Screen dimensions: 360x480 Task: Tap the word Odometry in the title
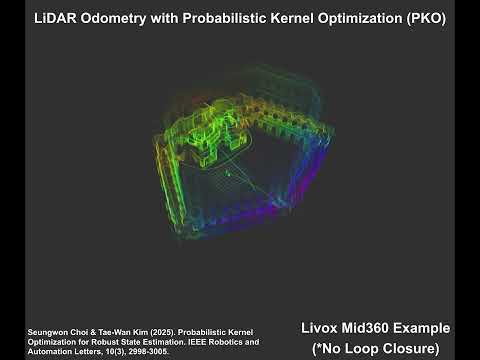pos(121,18)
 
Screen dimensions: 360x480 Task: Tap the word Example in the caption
pos(427,328)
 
